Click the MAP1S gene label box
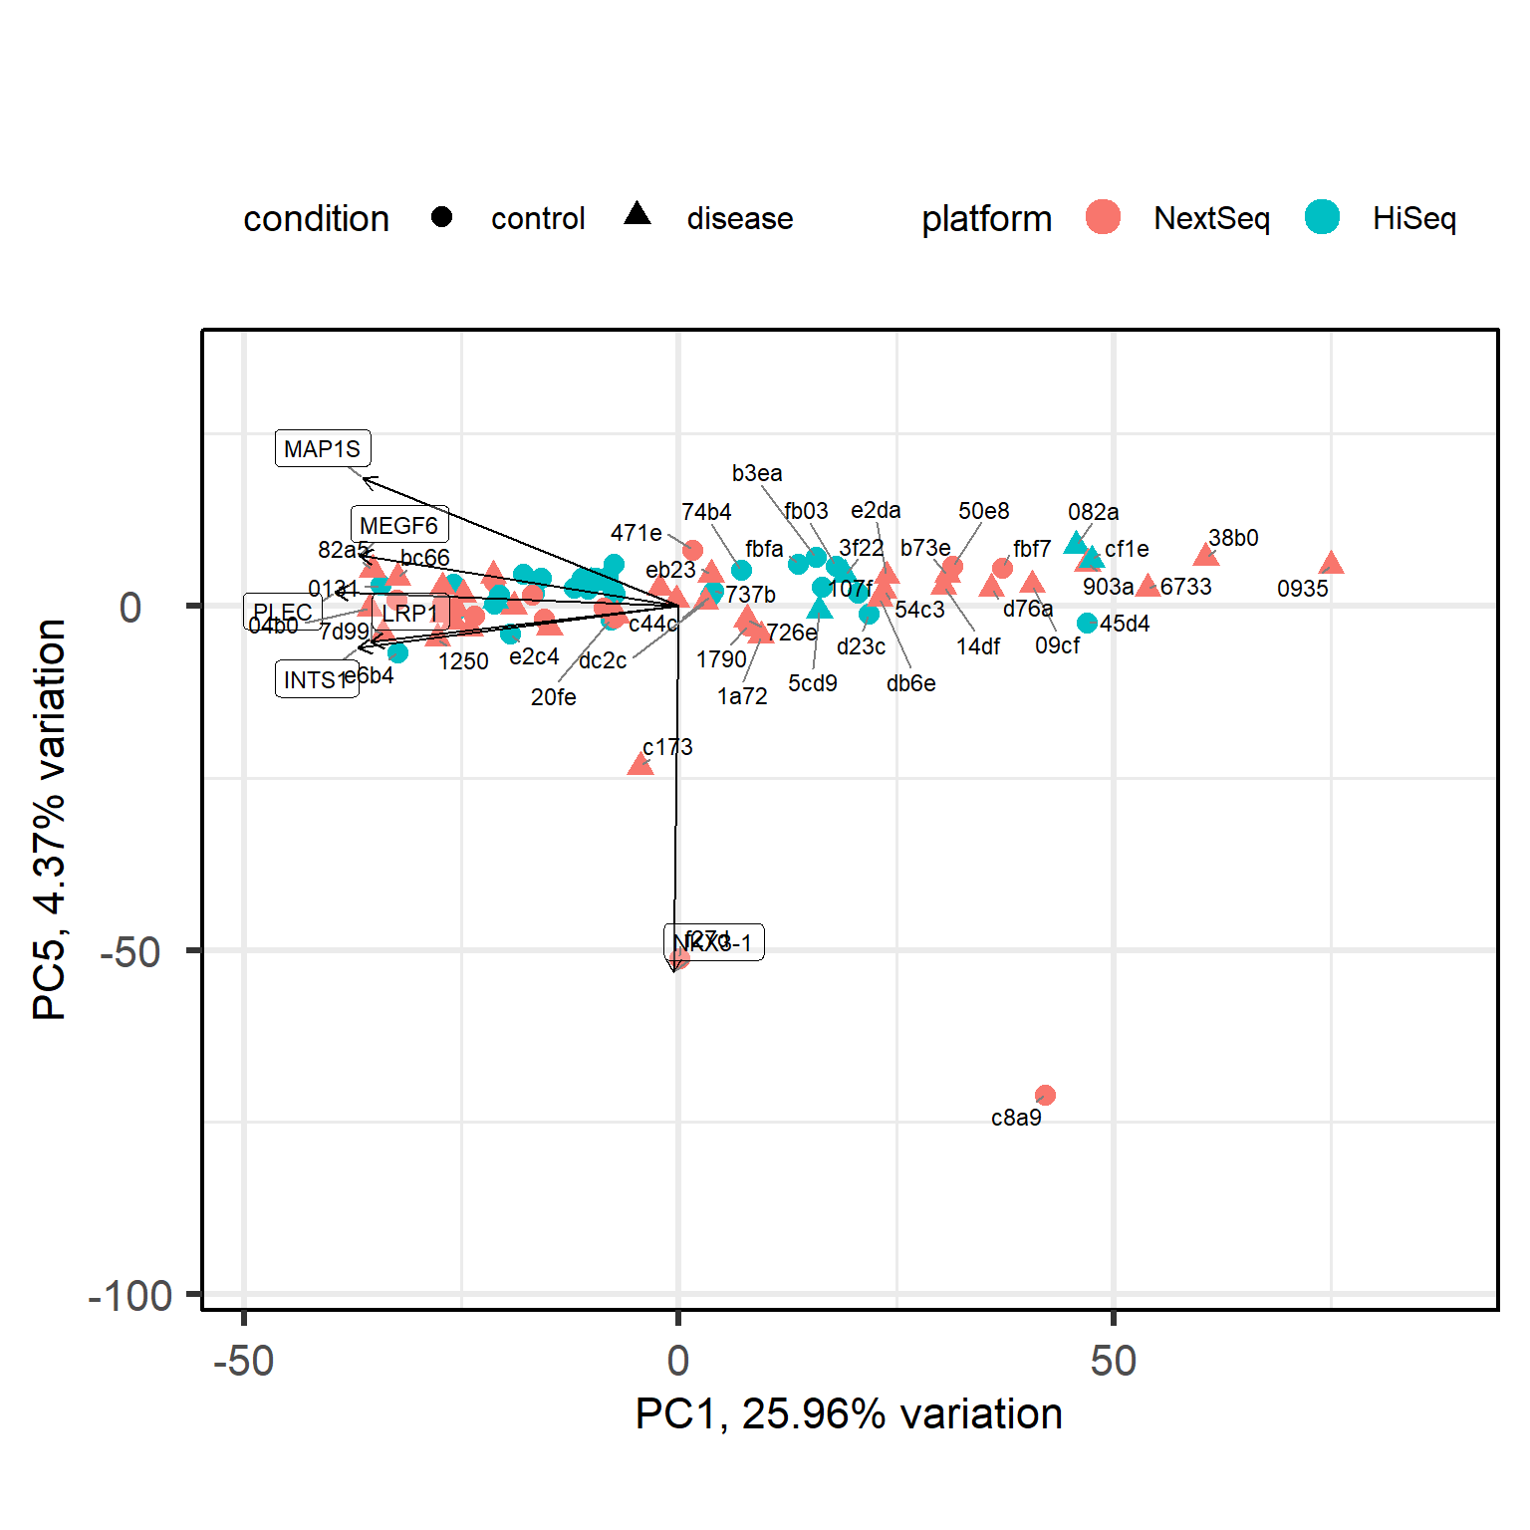click(323, 448)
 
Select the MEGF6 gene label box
click(398, 525)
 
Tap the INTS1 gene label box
click(316, 679)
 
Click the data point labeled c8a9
click(1045, 1096)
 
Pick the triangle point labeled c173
click(640, 765)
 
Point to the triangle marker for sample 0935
click(1332, 564)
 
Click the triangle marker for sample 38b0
click(1205, 556)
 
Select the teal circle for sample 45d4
click(1087, 623)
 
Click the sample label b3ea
click(757, 473)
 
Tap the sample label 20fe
click(553, 697)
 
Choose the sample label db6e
click(910, 683)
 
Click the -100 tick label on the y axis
click(130, 1296)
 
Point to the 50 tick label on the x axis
click(1113, 1361)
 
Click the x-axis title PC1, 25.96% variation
click(849, 1414)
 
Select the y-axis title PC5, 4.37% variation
click(50, 819)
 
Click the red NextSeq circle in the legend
click(1103, 217)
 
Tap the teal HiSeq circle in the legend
click(1322, 217)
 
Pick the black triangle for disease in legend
click(637, 214)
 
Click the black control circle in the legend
click(442, 217)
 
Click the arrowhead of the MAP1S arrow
click(365, 479)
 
